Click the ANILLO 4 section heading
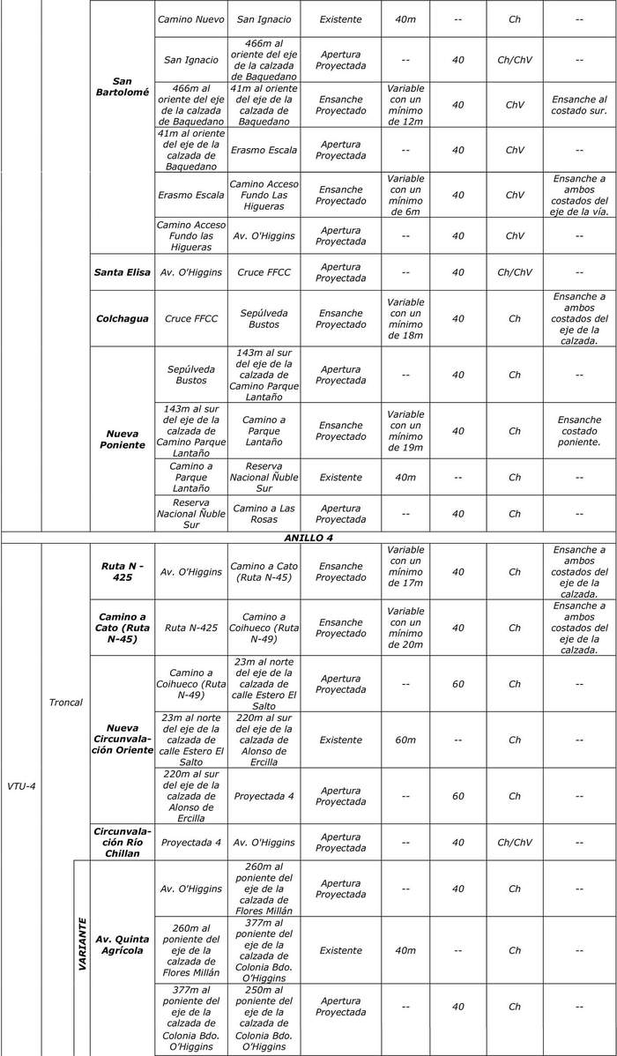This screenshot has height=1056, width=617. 308,537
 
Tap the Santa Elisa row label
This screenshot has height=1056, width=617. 123,272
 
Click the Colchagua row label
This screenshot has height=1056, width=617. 123,318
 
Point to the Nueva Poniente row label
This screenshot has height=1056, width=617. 123,439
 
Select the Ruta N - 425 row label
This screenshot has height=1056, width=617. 123,572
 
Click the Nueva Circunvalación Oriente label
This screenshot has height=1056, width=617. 123,739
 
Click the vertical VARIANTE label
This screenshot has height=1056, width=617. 82,944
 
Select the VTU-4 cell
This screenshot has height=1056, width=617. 21,785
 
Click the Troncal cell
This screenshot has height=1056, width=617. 66,703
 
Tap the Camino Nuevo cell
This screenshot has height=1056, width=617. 191,19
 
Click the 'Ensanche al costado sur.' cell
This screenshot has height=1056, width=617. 579,105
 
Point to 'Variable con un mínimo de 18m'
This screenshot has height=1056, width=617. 405,318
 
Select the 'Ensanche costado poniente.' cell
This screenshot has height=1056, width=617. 579,431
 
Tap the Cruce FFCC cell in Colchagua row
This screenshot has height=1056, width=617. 191,318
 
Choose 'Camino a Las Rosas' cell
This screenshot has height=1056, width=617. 264,513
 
